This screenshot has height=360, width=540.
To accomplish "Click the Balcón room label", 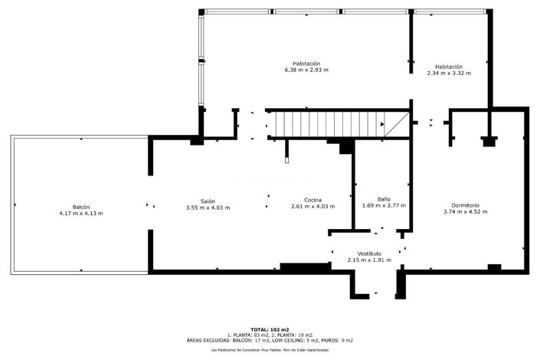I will coord(80,207).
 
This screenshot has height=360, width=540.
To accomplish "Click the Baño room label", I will coord(384,199).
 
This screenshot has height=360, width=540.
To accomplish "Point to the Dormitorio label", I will coord(465,205).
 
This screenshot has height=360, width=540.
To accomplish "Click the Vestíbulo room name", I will coord(369,254).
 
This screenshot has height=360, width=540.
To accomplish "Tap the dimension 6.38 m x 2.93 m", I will coord(306,70).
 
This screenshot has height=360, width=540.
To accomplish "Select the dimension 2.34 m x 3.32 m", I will coord(448,74).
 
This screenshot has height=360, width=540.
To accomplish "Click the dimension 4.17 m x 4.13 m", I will coord(80,214).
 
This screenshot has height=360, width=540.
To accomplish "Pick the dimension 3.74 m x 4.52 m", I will coord(465,212).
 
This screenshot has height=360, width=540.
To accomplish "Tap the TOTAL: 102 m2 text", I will coord(270,329).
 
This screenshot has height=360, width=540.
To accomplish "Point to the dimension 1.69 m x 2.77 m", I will coord(384,206).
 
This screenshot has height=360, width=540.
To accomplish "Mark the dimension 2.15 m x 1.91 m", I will coord(369,260).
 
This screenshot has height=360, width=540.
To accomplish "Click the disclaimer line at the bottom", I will coord(270,349).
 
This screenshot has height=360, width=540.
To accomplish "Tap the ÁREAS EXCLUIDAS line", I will coord(270,339).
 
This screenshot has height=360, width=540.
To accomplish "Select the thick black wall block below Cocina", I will coord(305,267).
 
